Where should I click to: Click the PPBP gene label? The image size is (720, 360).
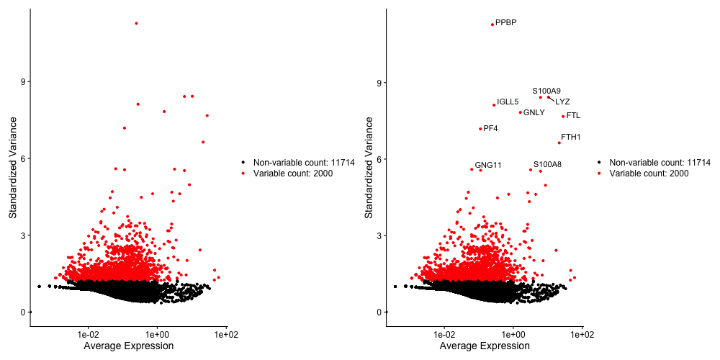point(506,23)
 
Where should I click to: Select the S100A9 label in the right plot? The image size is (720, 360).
point(546,91)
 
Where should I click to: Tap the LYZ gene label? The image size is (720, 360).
point(562,102)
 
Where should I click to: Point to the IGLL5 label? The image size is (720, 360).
point(508,102)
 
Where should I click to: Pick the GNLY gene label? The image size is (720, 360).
point(534,112)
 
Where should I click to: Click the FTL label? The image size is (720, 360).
point(573,115)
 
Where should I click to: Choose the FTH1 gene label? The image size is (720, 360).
point(571,137)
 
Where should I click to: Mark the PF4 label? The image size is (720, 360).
point(491,128)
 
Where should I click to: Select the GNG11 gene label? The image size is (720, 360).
point(488,165)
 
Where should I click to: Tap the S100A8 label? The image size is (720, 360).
point(547,164)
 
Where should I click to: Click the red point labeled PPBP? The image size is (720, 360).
point(492,24)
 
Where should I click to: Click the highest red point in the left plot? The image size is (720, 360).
point(136,23)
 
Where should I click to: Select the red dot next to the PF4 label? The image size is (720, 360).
point(480,129)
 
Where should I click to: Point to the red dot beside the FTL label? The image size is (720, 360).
point(563,116)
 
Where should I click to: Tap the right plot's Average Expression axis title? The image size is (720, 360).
point(485,346)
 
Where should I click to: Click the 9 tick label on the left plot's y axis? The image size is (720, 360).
point(23,82)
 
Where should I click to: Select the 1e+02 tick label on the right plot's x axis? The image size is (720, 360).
point(581,335)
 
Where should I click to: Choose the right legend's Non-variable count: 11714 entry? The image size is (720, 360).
point(660,163)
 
